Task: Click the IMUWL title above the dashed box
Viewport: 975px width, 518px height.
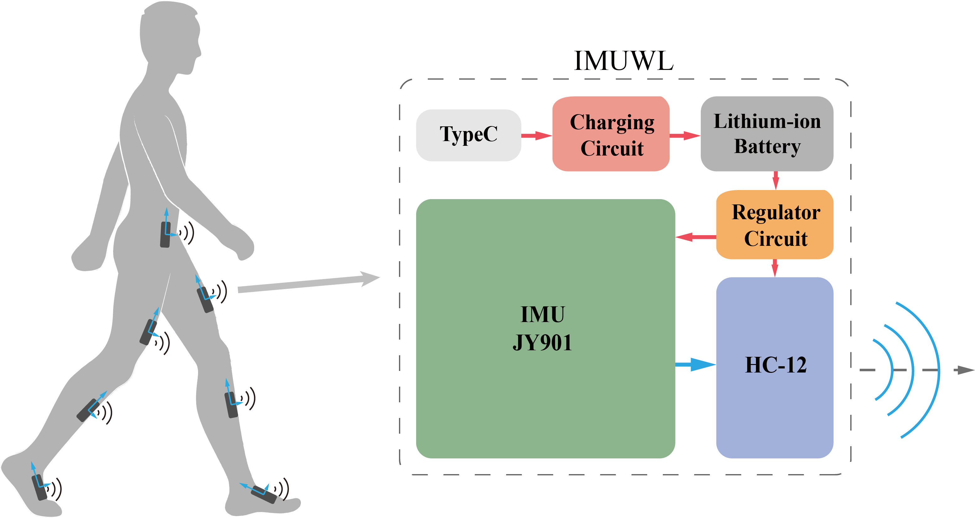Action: coord(623,61)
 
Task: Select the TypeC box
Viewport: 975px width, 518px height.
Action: coord(468,135)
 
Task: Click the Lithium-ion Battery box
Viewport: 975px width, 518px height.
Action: coord(767,134)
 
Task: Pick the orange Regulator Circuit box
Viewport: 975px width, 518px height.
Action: coord(775,225)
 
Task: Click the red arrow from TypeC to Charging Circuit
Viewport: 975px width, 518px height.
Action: coord(536,135)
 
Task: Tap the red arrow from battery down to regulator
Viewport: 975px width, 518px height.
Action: coord(776,180)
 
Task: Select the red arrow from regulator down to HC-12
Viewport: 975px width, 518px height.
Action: coord(775,268)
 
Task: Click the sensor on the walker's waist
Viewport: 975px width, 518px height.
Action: coord(165,235)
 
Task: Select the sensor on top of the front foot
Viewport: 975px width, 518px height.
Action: coord(264,494)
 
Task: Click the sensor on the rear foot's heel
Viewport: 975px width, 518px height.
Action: coord(39,487)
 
